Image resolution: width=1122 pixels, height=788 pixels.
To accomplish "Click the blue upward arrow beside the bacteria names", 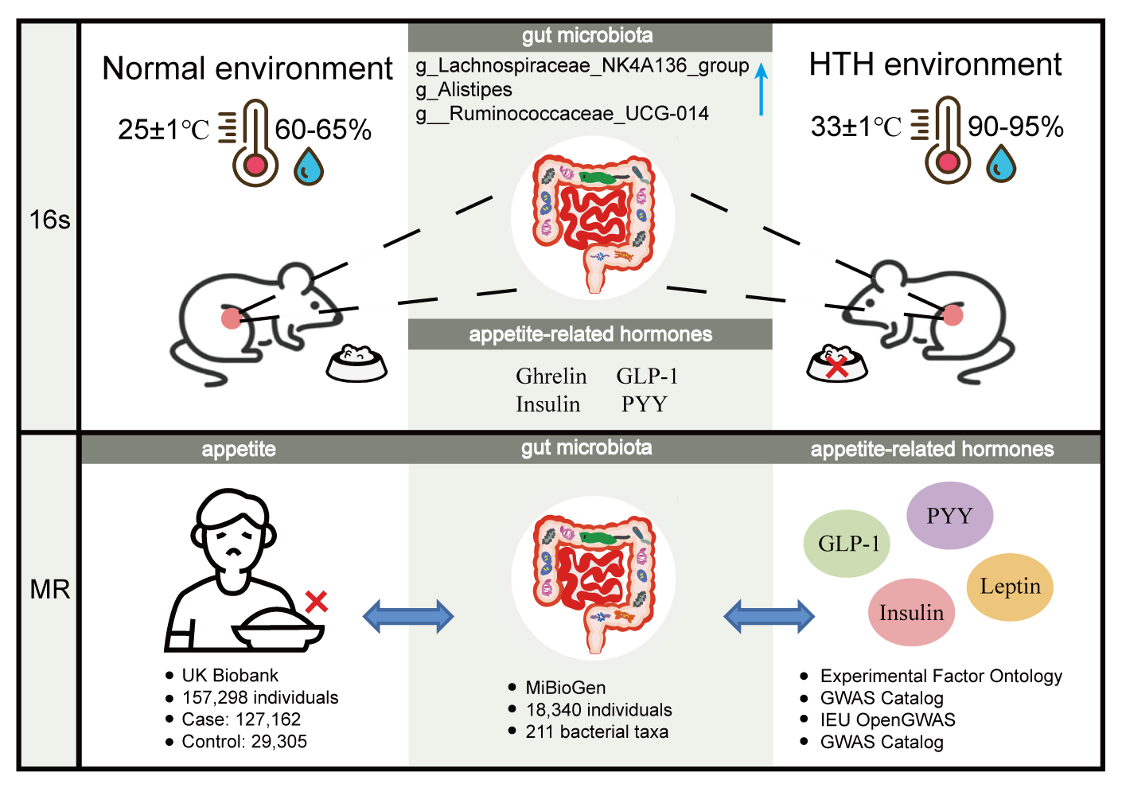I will (x=761, y=88).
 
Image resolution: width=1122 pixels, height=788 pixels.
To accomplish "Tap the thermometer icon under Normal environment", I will (x=255, y=144).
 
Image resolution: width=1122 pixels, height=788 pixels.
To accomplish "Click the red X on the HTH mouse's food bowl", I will (x=836, y=367).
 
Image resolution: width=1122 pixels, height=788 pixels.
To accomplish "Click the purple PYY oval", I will (x=949, y=516).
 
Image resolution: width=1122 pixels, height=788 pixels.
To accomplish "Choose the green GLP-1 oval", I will (x=847, y=544).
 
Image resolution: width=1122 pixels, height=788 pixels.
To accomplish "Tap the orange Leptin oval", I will (x=1010, y=587).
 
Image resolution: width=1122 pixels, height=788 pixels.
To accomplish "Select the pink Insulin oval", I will (x=911, y=612).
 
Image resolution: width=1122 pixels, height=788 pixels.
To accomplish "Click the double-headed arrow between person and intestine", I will (x=408, y=616).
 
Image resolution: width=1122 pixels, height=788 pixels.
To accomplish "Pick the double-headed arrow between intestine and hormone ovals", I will (x=769, y=616).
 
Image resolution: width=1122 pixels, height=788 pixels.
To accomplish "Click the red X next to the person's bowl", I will (x=316, y=602).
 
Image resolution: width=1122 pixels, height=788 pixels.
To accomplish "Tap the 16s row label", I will (x=49, y=220).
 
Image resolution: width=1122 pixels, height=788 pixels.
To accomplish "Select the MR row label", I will (x=49, y=590).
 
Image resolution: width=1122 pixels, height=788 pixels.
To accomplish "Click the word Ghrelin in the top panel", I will (x=551, y=376).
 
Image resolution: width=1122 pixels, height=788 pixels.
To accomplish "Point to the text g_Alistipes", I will (x=464, y=89).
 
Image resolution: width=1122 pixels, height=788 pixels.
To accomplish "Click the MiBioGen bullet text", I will (x=565, y=688).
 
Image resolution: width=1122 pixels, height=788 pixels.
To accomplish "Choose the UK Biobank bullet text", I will (x=230, y=676).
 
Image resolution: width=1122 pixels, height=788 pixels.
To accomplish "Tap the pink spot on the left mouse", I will (x=231, y=318).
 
